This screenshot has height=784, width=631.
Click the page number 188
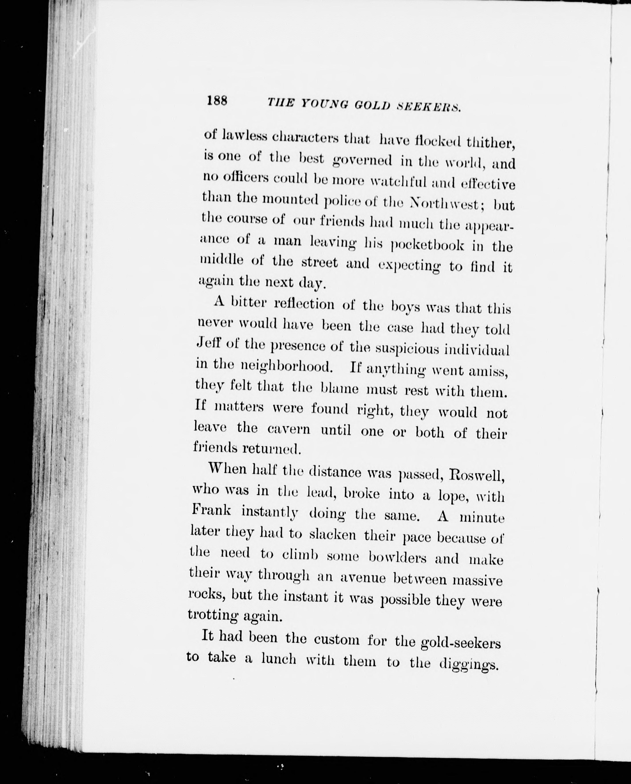pos(217,100)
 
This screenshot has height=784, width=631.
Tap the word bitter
pos(249,303)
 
